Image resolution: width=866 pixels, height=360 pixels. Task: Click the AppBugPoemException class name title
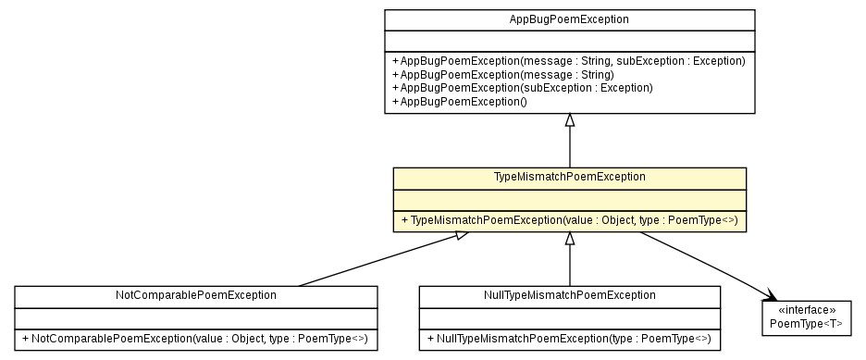point(570,19)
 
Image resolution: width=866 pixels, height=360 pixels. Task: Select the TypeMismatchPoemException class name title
point(570,176)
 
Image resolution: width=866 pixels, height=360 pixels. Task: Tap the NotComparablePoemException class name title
point(195,295)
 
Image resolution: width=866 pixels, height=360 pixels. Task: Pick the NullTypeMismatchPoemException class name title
point(569,295)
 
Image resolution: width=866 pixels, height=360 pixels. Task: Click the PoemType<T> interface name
point(806,323)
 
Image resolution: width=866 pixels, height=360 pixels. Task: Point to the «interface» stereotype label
point(806,310)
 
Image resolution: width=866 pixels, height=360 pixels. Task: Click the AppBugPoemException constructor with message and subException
point(569,61)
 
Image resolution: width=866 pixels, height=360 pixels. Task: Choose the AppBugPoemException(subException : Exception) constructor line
point(523,87)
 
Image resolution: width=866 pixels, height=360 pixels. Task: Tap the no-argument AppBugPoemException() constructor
point(460,101)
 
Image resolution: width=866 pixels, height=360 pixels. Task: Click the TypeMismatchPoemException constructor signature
point(570,221)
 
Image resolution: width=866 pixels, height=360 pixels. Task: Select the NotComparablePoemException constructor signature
point(195,340)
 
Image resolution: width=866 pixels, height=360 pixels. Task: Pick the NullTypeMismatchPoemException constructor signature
point(569,340)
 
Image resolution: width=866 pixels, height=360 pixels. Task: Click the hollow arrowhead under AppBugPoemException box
point(570,121)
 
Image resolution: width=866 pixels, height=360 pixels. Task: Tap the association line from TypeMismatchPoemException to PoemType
point(703,264)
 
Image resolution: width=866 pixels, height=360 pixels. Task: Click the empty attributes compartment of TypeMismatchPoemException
point(570,198)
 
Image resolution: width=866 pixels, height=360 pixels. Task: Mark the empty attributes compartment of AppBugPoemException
point(570,40)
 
